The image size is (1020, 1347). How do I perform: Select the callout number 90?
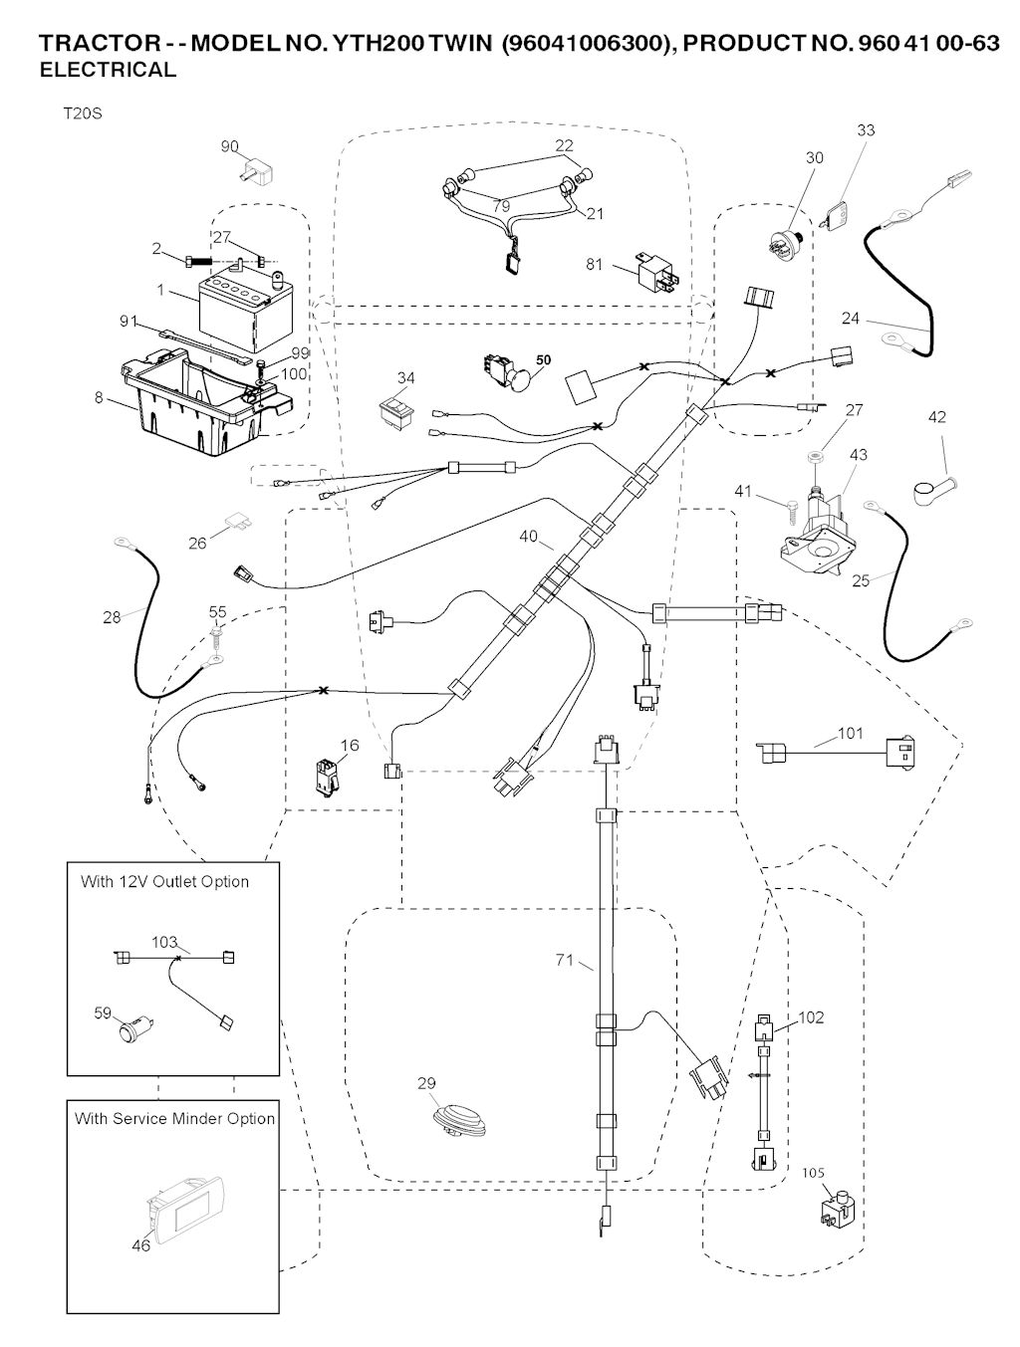[x=230, y=147]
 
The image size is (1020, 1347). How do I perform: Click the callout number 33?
[x=866, y=130]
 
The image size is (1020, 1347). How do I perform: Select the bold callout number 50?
[x=543, y=359]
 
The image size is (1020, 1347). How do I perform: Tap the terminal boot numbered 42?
[x=933, y=489]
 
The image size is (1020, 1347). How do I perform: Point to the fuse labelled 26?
[x=237, y=522]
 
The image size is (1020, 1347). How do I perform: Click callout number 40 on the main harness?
[x=528, y=537]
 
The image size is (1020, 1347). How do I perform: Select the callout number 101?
[x=850, y=734]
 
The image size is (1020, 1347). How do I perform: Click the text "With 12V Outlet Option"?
[x=164, y=881]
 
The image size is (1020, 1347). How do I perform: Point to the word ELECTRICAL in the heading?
[x=108, y=70]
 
